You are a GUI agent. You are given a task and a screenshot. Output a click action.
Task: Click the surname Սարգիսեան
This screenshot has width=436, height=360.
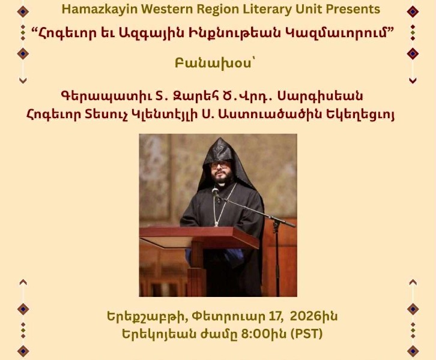[x=330, y=96]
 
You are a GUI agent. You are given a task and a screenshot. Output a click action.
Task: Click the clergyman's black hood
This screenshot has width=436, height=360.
[x=219, y=150]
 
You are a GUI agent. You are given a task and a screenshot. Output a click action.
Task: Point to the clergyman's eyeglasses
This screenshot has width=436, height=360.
[x=219, y=163]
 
